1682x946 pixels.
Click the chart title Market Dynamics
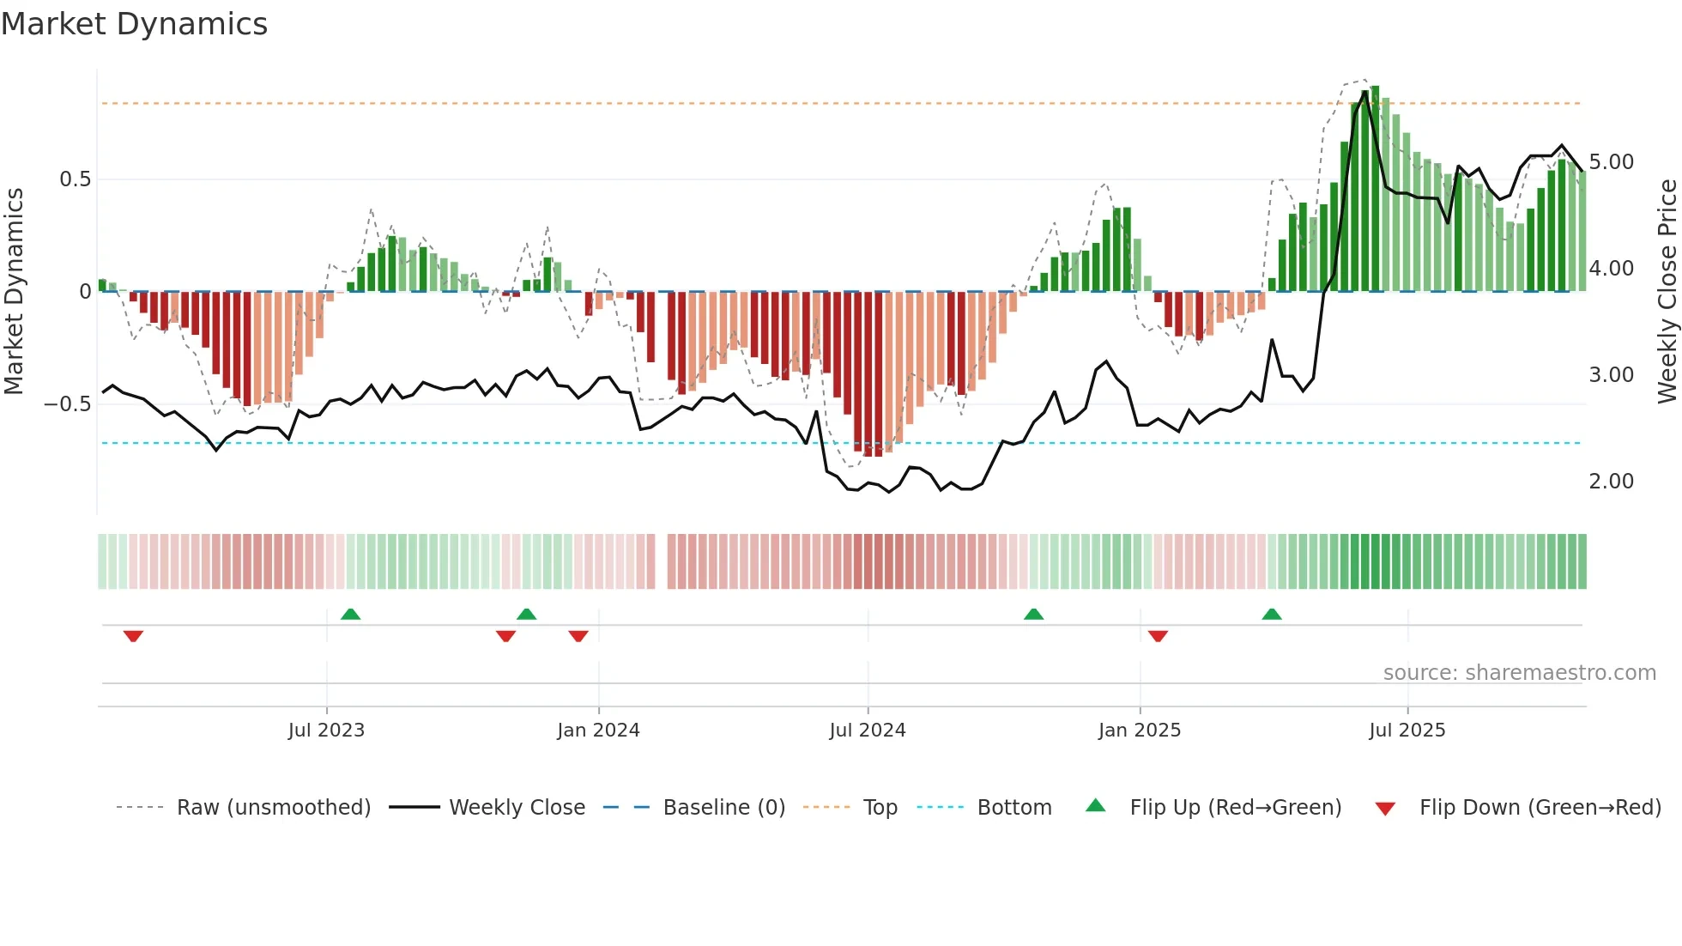[134, 24]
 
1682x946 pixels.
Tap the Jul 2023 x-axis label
[326, 731]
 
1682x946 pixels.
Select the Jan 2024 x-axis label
[598, 731]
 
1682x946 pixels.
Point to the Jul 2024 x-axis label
[867, 731]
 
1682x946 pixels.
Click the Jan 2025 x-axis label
[1139, 731]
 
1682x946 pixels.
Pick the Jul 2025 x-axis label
[1407, 731]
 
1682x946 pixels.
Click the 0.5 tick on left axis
[75, 179]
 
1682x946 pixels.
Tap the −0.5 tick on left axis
[68, 403]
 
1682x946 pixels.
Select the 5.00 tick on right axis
[1611, 162]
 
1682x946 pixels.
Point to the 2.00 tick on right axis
[1611, 482]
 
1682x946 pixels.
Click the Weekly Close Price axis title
[1667, 292]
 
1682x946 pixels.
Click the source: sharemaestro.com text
[1519, 673]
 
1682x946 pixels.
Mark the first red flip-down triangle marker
[133, 636]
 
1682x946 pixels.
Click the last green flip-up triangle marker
[1271, 614]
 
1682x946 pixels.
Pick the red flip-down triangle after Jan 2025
[1158, 636]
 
